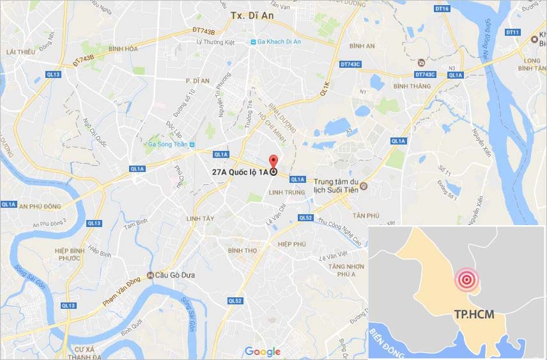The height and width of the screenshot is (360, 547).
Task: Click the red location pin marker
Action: click(x=273, y=162)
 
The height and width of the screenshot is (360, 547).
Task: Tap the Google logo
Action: click(x=262, y=351)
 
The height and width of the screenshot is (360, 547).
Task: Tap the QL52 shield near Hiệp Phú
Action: click(x=305, y=218)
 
